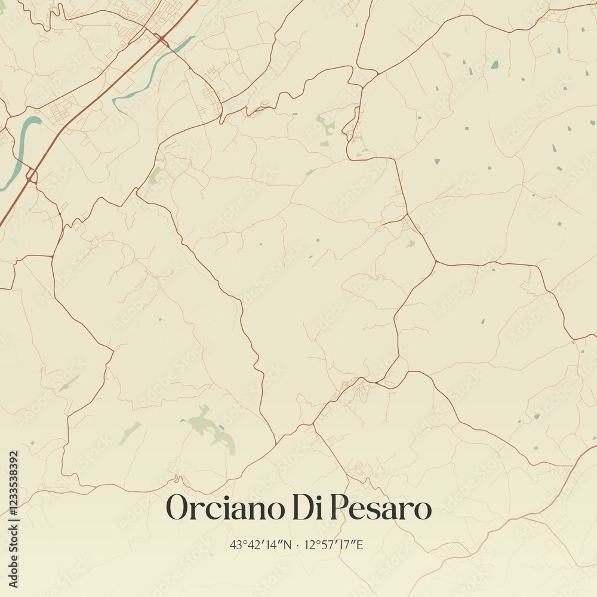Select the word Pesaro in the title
click(380, 509)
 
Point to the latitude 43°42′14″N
click(261, 544)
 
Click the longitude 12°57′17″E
click(334, 544)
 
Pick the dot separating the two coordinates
click(297, 545)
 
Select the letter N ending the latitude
click(288, 544)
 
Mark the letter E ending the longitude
click(359, 544)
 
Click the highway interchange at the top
click(161, 39)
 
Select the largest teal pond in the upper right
click(494, 64)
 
